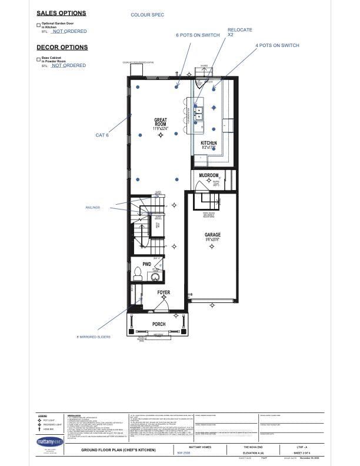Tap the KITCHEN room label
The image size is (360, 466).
[x=209, y=143]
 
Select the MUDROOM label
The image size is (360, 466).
[x=209, y=176]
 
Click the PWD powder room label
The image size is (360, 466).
[x=147, y=265]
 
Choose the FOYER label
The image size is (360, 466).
[x=164, y=292]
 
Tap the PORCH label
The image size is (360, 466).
[x=159, y=324]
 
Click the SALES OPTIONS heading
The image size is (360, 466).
[x=61, y=13]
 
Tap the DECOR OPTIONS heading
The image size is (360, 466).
[x=62, y=47]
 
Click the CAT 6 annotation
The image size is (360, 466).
[x=102, y=135]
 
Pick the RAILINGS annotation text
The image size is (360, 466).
[x=92, y=207]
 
